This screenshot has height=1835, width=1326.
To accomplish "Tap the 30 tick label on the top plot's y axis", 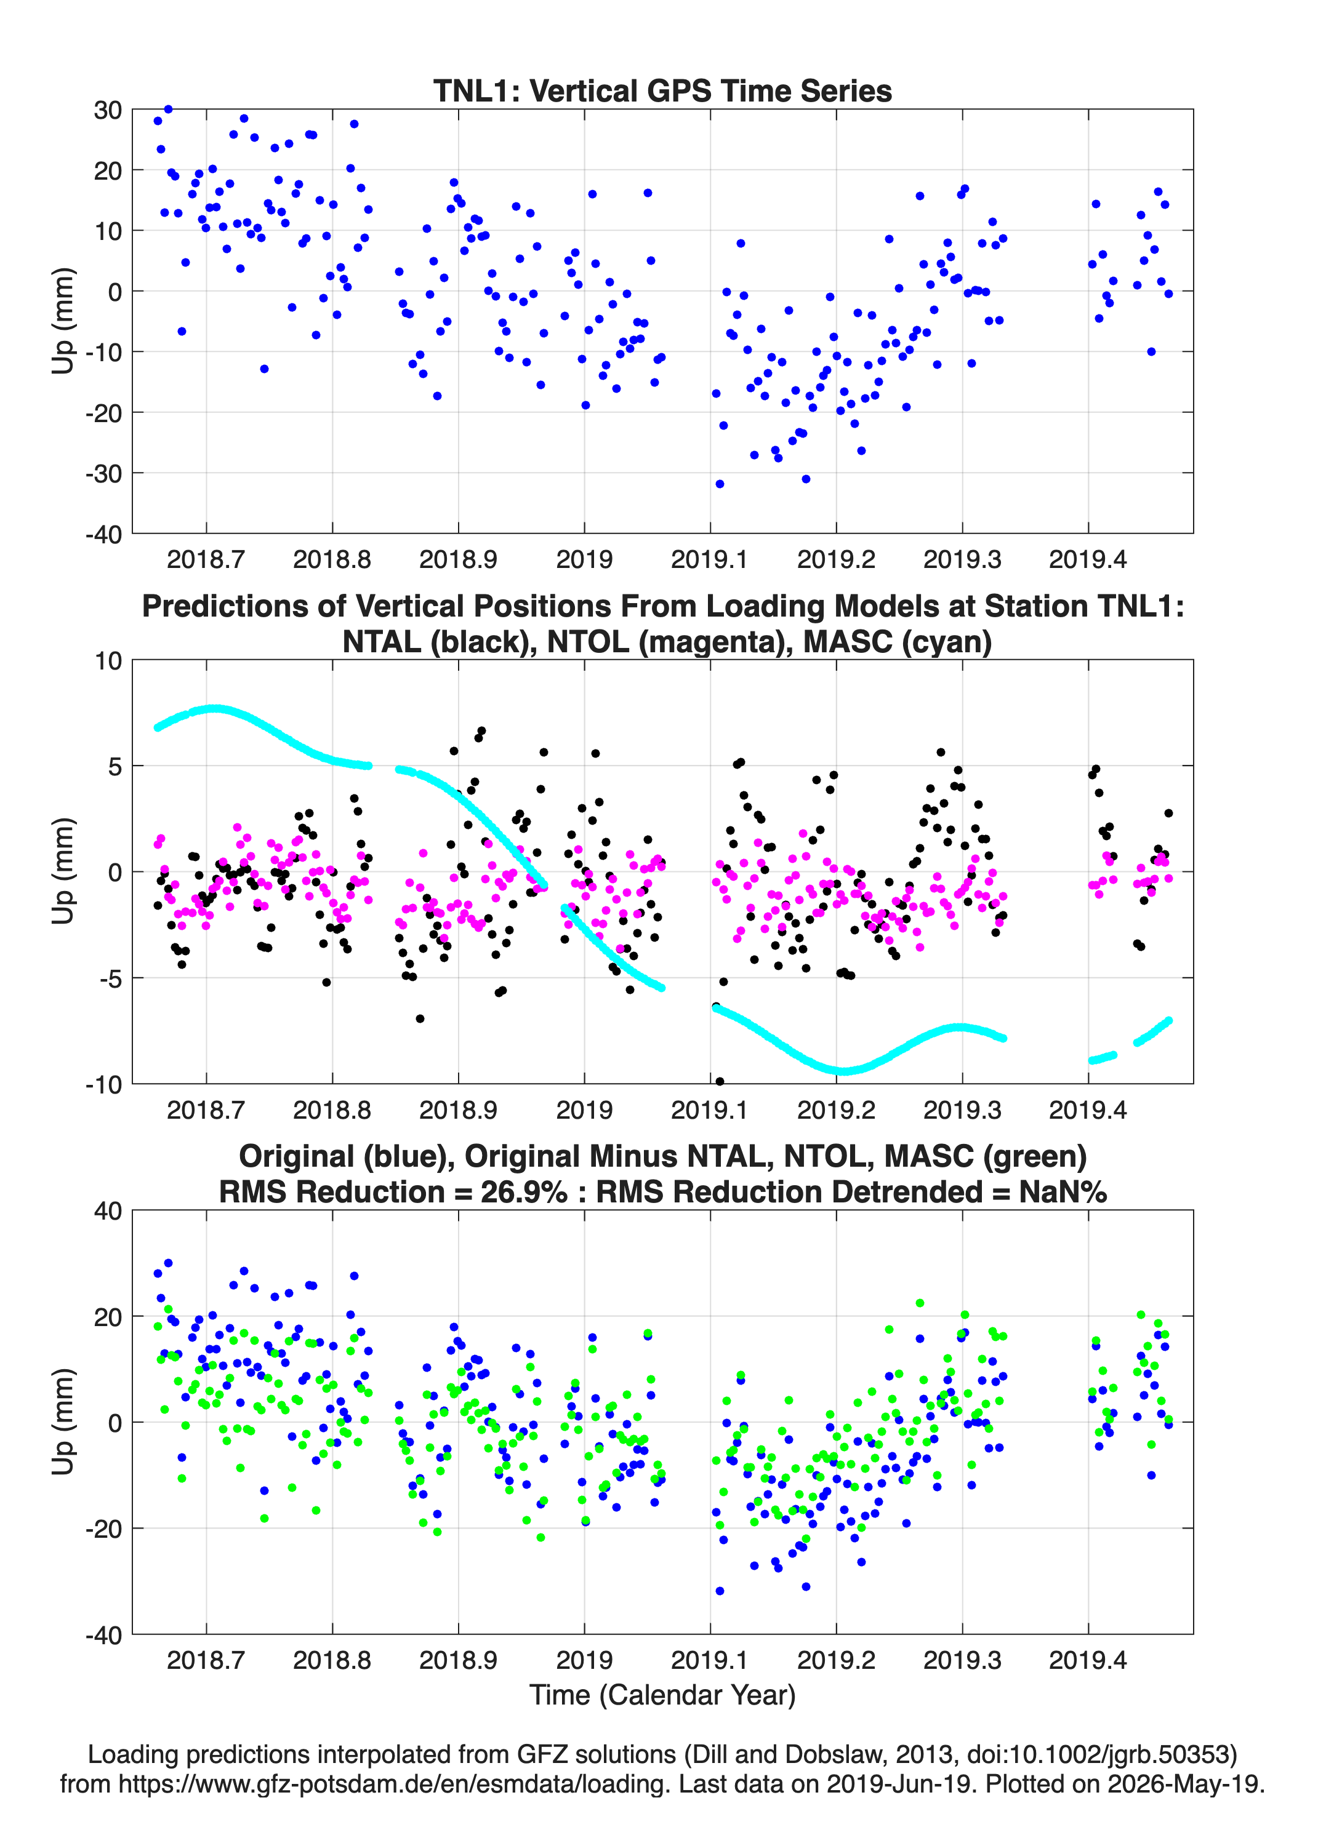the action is [108, 110].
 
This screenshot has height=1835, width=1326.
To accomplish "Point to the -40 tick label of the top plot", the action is [103, 534].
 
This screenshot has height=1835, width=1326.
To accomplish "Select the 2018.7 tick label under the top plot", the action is [206, 559].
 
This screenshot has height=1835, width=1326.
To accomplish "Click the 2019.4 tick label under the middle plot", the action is [1088, 1109].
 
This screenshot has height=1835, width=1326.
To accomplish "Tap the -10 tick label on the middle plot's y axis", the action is [103, 1084].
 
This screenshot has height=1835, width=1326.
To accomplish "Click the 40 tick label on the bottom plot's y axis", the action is [108, 1211].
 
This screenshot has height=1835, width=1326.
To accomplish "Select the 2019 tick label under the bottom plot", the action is [584, 1660].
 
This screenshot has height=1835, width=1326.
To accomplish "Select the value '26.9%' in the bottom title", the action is [524, 1192].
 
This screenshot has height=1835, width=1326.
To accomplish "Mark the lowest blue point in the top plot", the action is [720, 484].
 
